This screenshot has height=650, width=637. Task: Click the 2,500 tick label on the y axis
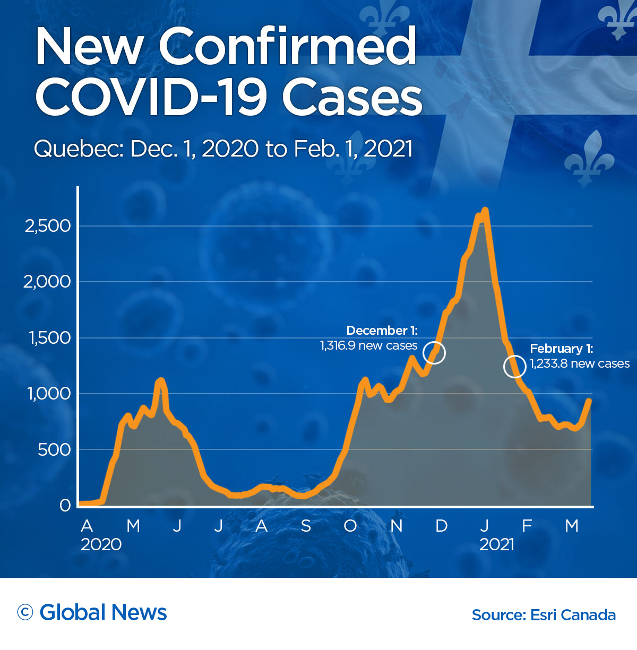pyautogui.click(x=48, y=226)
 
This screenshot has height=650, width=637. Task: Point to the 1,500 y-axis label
pyautogui.click(x=49, y=338)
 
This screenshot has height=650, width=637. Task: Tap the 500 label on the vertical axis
pyautogui.click(x=54, y=450)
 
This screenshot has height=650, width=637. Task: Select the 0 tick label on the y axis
pyautogui.click(x=65, y=506)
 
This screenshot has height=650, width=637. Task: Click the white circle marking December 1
pyautogui.click(x=434, y=353)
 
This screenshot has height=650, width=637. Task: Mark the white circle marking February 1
pyautogui.click(x=514, y=366)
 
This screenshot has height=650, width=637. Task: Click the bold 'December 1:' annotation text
pyautogui.click(x=382, y=331)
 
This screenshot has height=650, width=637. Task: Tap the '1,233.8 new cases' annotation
pyautogui.click(x=580, y=363)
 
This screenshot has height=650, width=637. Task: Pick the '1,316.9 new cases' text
pyautogui.click(x=368, y=346)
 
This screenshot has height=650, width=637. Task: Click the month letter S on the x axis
pyautogui.click(x=306, y=526)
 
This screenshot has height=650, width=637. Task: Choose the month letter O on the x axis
pyautogui.click(x=350, y=526)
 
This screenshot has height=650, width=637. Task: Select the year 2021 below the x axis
pyautogui.click(x=497, y=544)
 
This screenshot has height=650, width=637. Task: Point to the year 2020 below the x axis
pyautogui.click(x=101, y=544)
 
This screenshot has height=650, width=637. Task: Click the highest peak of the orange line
pyautogui.click(x=485, y=211)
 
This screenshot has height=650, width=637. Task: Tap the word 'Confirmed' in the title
pyautogui.click(x=288, y=47)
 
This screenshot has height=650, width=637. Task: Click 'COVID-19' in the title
pyautogui.click(x=151, y=97)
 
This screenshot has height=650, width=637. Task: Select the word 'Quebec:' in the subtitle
pyautogui.click(x=79, y=149)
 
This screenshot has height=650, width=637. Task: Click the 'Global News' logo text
pyautogui.click(x=103, y=612)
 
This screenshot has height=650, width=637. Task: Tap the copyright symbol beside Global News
pyautogui.click(x=25, y=612)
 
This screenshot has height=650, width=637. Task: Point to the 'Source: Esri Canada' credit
pyautogui.click(x=544, y=615)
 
